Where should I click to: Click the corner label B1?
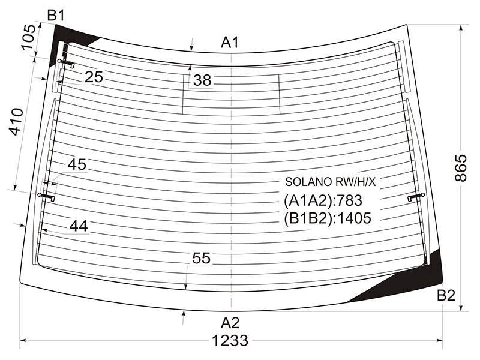pyautogui.click(x=56, y=16)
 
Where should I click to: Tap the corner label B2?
pyautogui.click(x=446, y=295)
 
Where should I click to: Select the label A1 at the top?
pyautogui.click(x=230, y=43)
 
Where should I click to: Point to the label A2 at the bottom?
pyautogui.click(x=230, y=323)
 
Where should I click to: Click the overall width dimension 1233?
pyautogui.click(x=230, y=340)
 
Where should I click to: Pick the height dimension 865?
pyautogui.click(x=461, y=168)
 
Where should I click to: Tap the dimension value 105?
pyautogui.click(x=29, y=37)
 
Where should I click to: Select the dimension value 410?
pyautogui.click(x=16, y=122)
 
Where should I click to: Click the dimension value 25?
pyautogui.click(x=94, y=77)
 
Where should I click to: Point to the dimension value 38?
pyautogui.click(x=202, y=80)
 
